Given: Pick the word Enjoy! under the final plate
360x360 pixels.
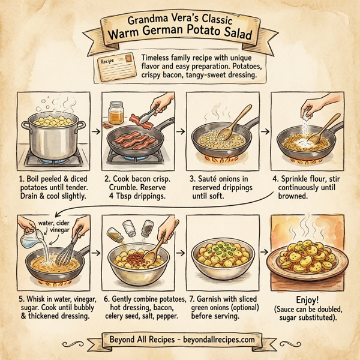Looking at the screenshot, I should tap(308, 298).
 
